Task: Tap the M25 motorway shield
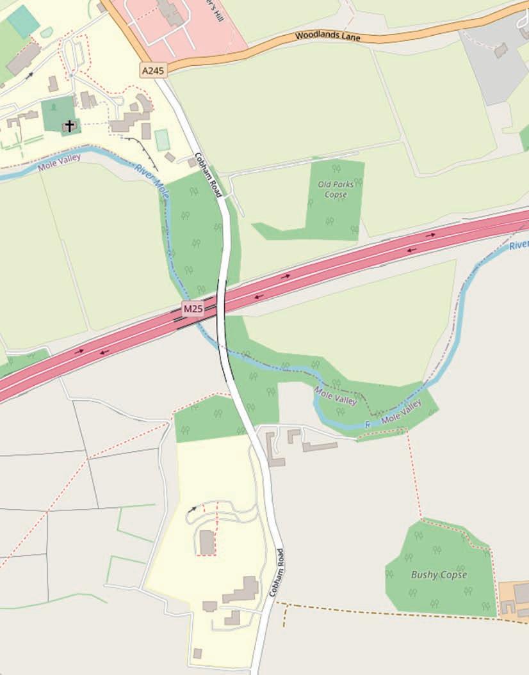193,310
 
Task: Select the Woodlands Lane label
328,36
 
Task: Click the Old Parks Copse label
336,189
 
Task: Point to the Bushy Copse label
439,575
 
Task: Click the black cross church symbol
69,126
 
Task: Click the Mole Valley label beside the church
60,162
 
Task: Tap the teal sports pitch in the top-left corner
24,20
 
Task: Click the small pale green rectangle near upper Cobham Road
163,139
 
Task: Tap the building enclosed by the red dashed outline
206,543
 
